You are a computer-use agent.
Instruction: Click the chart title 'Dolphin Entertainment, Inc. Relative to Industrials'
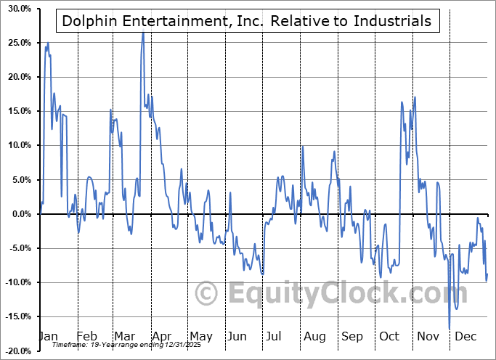point(246,22)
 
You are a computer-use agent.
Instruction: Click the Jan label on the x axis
point(49,336)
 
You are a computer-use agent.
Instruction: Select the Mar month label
point(124,336)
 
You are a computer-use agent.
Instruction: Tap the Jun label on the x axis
point(236,336)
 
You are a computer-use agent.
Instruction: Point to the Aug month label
point(314,336)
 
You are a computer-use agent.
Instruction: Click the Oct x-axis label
point(389,336)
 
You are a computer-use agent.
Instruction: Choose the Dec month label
point(465,336)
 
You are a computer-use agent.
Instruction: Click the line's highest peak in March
point(142,32)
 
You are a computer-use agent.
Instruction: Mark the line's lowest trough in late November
point(450,329)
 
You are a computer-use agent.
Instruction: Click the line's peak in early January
point(48,43)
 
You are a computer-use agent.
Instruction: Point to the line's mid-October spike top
point(415,97)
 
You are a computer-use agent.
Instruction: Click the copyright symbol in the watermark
point(208,294)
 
